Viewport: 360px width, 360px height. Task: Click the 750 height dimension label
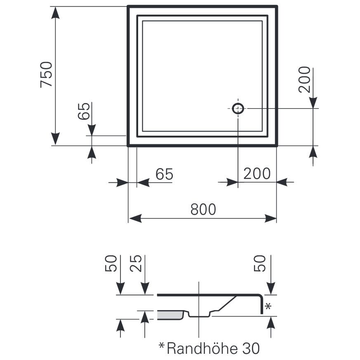coord(46,74)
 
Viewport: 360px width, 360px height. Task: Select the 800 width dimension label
coord(203,209)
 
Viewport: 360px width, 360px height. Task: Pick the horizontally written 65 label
coord(164,174)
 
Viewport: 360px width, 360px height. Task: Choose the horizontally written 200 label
coord(256,174)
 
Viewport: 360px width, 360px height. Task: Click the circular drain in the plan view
coord(238,108)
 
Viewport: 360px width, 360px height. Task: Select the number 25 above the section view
coord(137,264)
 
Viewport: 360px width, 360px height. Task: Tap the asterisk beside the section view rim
coord(268,306)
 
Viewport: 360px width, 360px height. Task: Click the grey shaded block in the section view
coord(170,315)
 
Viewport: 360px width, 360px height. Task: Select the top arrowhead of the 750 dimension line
coord(56,12)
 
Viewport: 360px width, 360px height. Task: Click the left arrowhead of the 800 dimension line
coord(134,218)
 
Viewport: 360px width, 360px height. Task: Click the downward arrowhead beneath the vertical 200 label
coord(313,103)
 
